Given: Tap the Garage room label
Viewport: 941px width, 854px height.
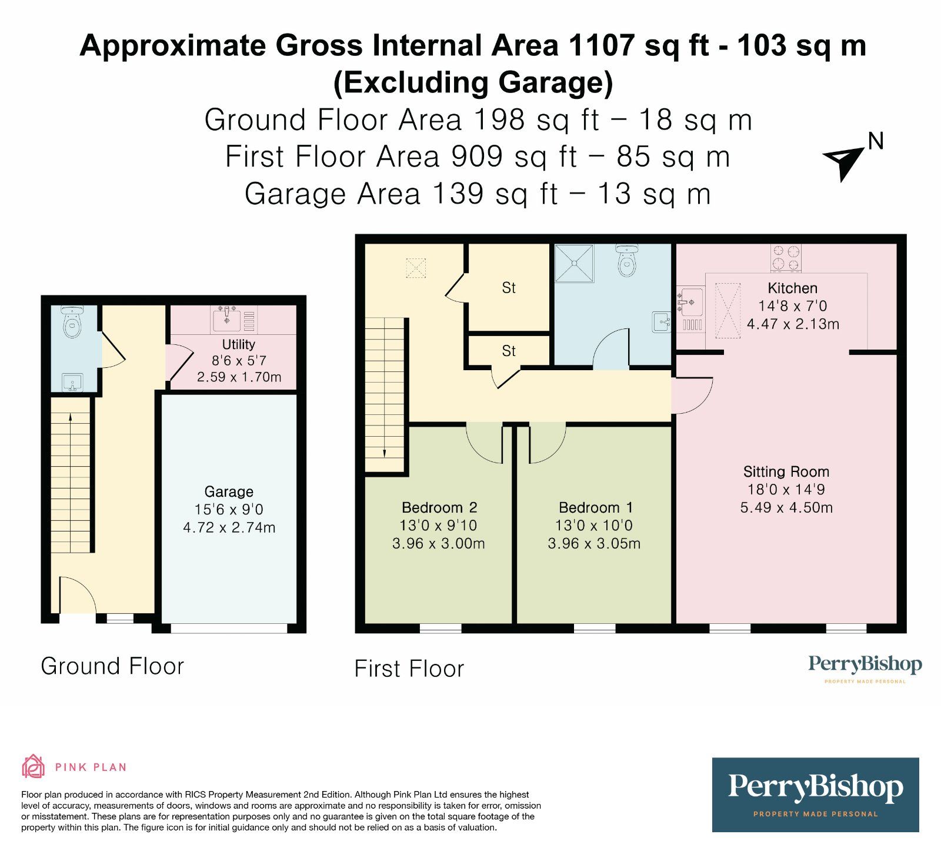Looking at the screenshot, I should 229,491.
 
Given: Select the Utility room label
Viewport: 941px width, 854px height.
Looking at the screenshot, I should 238,344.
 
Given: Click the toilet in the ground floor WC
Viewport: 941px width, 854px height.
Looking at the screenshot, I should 72,322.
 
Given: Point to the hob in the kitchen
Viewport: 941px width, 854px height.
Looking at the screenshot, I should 786,258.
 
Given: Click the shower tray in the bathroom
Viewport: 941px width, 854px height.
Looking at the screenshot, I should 574,263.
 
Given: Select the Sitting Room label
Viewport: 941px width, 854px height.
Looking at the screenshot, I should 786,471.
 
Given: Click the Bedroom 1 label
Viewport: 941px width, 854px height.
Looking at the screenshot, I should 595,507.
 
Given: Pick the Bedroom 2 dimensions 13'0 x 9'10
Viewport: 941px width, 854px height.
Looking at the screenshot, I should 438,526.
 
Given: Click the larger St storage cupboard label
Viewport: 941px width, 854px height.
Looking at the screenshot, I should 509,288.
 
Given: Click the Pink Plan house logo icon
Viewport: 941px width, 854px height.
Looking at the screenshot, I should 33,766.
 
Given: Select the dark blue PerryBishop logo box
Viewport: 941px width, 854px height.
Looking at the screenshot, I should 815,795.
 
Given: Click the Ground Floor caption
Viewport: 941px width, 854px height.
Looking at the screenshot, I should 112,666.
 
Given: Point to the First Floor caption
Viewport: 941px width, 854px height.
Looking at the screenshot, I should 409,669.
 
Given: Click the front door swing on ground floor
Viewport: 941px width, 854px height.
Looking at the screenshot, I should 78,596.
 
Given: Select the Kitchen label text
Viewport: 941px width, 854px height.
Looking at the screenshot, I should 792,288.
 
